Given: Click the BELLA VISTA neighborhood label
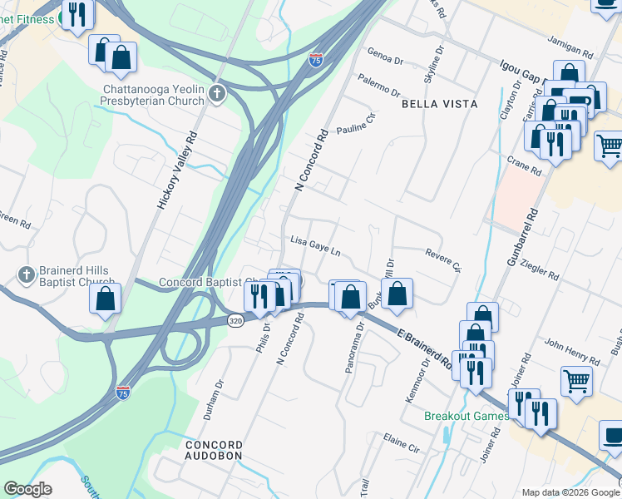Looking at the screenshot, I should click(x=440, y=104).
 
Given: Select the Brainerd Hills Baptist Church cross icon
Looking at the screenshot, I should click(x=27, y=274).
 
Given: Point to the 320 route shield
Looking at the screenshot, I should click(x=237, y=319).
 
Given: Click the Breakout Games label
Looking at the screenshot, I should click(x=462, y=415).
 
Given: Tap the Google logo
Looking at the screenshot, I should click(x=27, y=489).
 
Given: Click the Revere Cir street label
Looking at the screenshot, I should click(x=442, y=259).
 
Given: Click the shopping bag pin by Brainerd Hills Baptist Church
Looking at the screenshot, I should click(x=106, y=300).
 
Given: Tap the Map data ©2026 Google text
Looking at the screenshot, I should click(x=570, y=492).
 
